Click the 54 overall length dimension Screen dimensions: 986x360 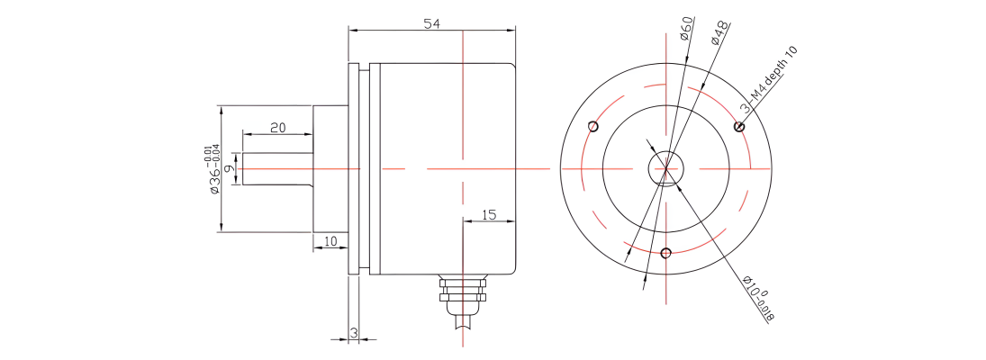coord(430,24)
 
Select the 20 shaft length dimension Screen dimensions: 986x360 coord(278,128)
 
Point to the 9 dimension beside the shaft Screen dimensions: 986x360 coord(231,168)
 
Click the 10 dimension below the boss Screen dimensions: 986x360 coord(330,240)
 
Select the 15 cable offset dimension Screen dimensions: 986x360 coord(489,215)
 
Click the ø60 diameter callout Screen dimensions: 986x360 coord(686,29)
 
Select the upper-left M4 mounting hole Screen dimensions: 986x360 coord(593,126)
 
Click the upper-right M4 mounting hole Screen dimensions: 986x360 coord(739,127)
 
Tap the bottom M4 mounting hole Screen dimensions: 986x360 coord(666,254)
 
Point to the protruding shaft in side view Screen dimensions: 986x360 coord(278,169)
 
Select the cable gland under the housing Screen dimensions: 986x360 coord(464,295)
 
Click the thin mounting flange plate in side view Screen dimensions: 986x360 coord(353,169)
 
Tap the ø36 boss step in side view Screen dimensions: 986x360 coord(330,169)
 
